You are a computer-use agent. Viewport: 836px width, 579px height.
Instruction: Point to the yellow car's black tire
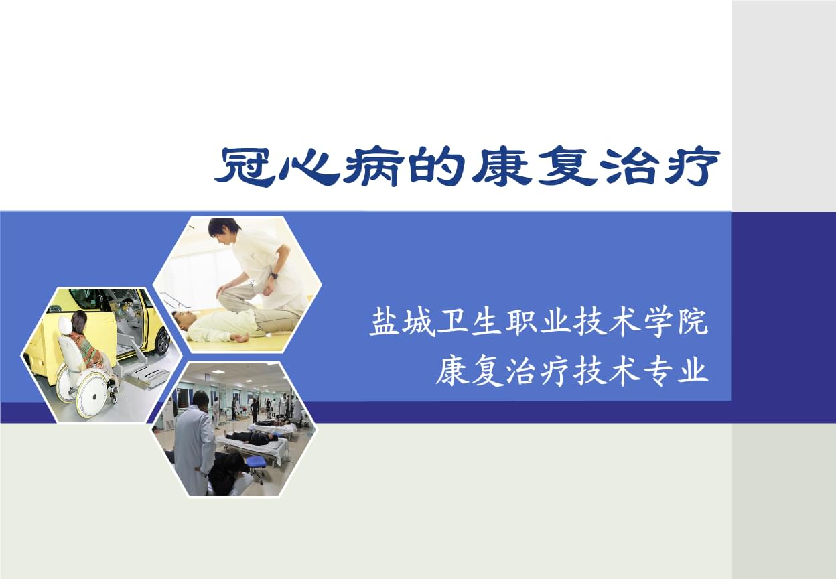[x=163, y=342]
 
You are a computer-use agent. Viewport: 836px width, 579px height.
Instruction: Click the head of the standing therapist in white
[x=223, y=231]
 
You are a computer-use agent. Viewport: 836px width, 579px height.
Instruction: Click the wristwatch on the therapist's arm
[x=275, y=276]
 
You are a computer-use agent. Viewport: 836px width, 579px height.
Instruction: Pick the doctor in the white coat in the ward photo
[x=194, y=446]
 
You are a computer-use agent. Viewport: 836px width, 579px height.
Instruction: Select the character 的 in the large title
[x=436, y=168]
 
